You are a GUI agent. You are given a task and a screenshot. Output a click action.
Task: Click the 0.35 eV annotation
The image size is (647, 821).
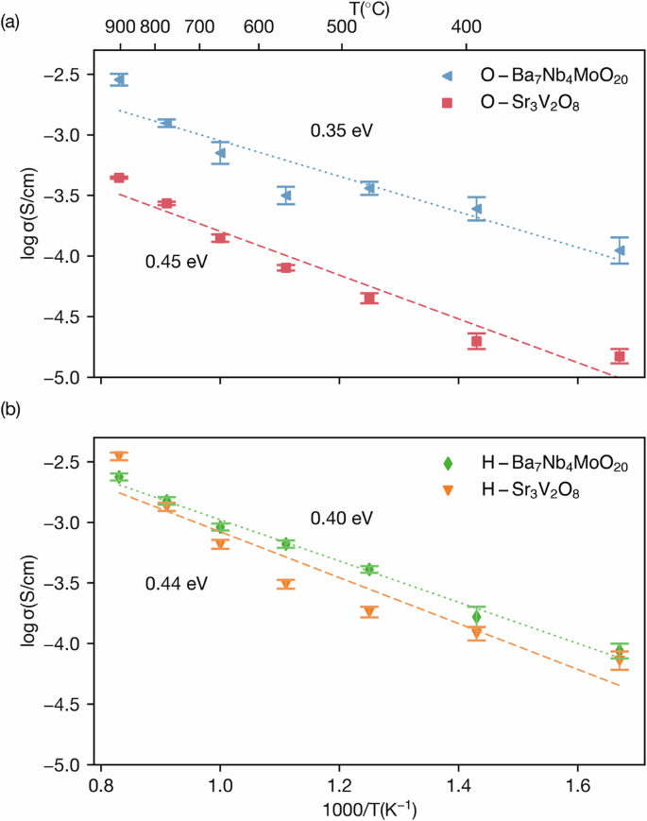tap(342, 130)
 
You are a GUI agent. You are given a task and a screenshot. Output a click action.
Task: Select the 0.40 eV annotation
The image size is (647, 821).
tap(342, 519)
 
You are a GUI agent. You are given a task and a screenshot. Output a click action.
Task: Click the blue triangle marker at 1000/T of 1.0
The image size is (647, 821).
tap(220, 152)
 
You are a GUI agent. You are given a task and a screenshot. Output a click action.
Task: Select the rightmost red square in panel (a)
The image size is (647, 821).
tap(620, 356)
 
